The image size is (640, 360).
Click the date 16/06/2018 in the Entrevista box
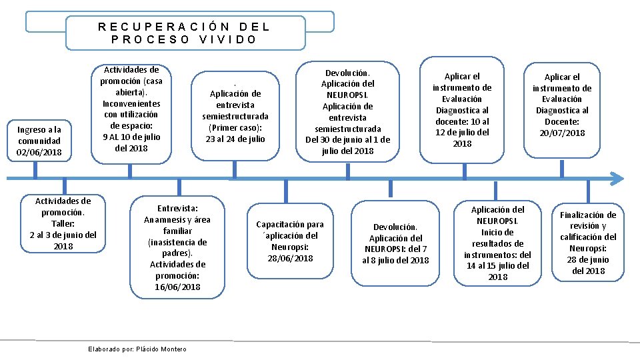[177, 287]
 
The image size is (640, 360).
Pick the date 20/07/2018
[561, 133]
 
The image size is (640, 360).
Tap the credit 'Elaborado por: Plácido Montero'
[137, 349]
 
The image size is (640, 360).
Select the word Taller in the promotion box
[63, 223]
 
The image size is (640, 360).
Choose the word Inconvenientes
[131, 103]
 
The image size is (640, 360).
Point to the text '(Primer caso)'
[235, 127]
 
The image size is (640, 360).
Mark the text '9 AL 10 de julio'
[131, 137]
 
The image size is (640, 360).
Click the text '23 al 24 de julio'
[235, 139]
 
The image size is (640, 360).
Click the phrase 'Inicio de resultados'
[497, 238]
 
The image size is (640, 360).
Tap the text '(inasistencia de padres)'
[177, 247]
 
